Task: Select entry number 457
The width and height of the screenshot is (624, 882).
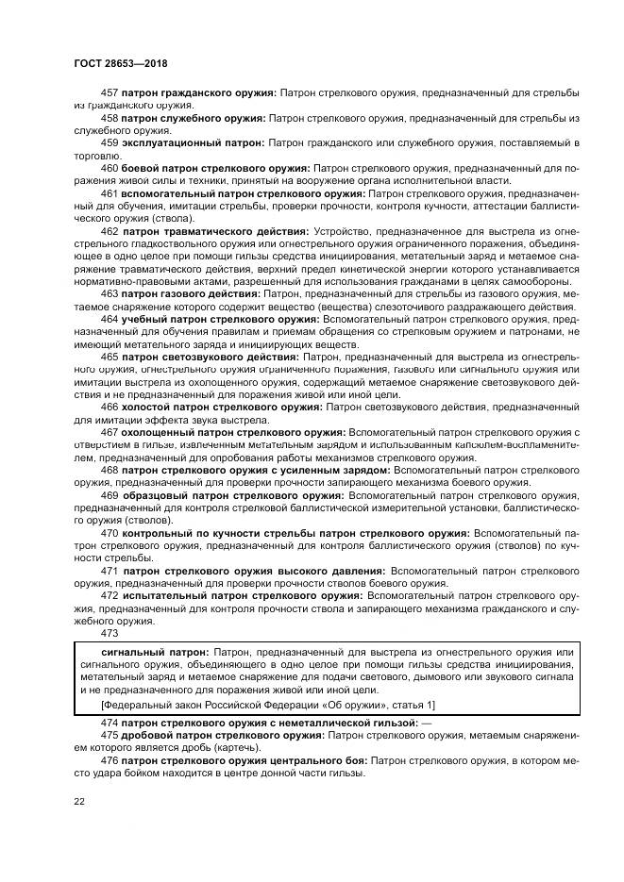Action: pyautogui.click(x=109, y=92)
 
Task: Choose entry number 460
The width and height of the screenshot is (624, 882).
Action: pyautogui.click(x=109, y=168)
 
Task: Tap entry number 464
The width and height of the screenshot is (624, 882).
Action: pyautogui.click(x=109, y=320)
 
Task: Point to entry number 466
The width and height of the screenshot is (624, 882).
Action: pyautogui.click(x=109, y=408)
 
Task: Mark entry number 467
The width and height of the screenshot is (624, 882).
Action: pyautogui.click(x=109, y=433)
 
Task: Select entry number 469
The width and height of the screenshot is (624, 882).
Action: pyautogui.click(x=109, y=495)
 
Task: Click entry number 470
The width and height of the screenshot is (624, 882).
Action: pyautogui.click(x=109, y=533)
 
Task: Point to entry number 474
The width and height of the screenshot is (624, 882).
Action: pyautogui.click(x=109, y=723)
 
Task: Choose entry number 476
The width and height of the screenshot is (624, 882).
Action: pyautogui.click(x=109, y=759)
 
